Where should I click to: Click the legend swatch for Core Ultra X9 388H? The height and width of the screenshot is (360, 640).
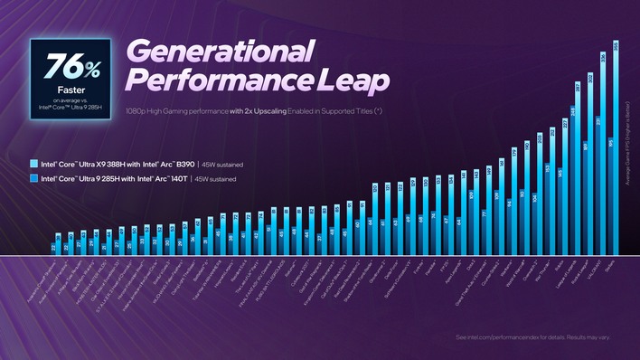[33, 165]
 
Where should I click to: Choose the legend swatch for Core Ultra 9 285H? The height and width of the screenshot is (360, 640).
[33, 180]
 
